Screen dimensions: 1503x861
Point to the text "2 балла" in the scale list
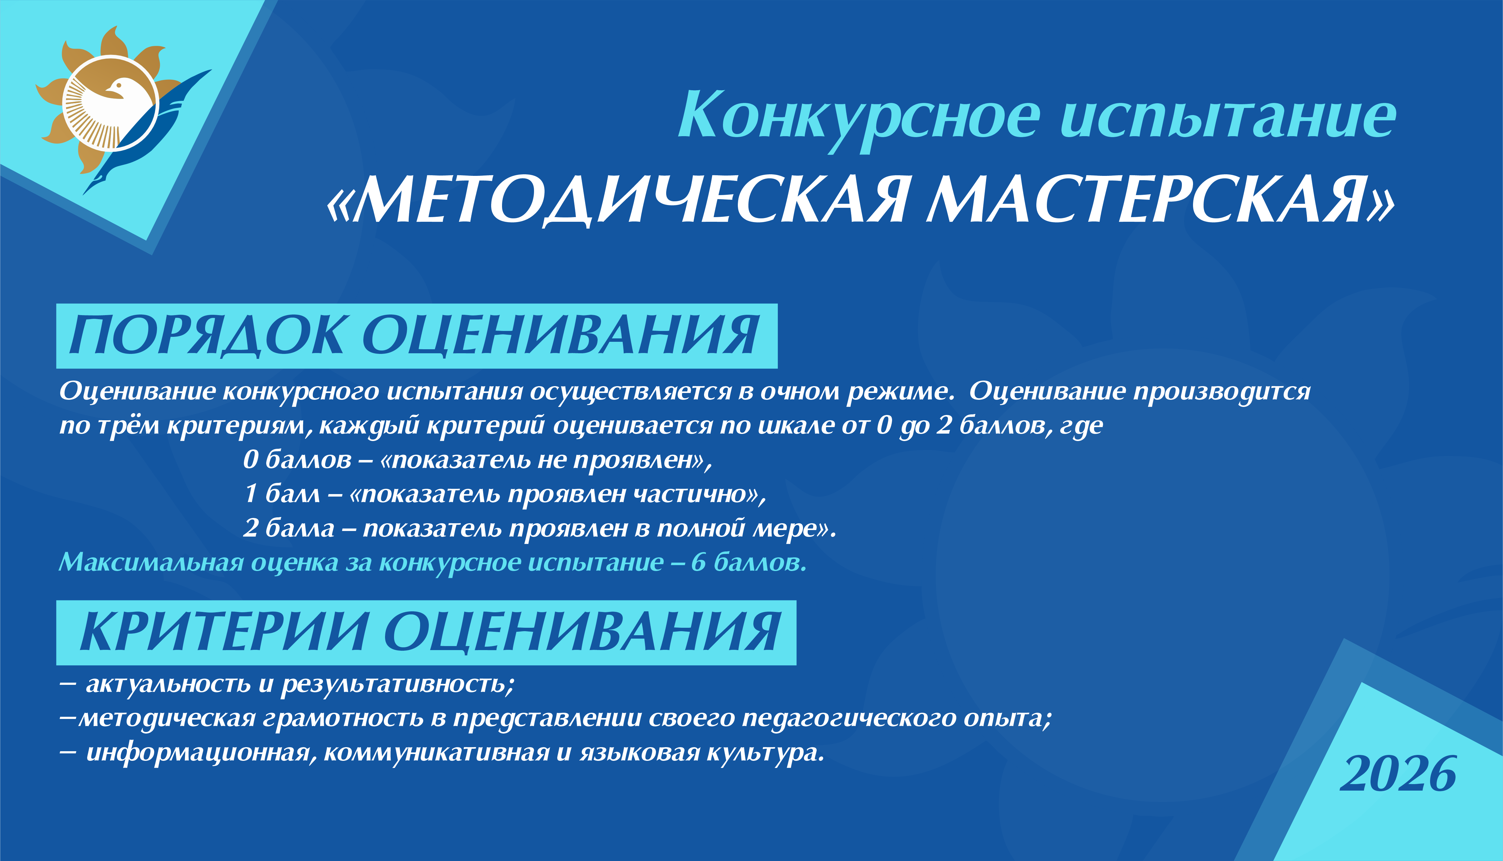(x=289, y=528)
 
